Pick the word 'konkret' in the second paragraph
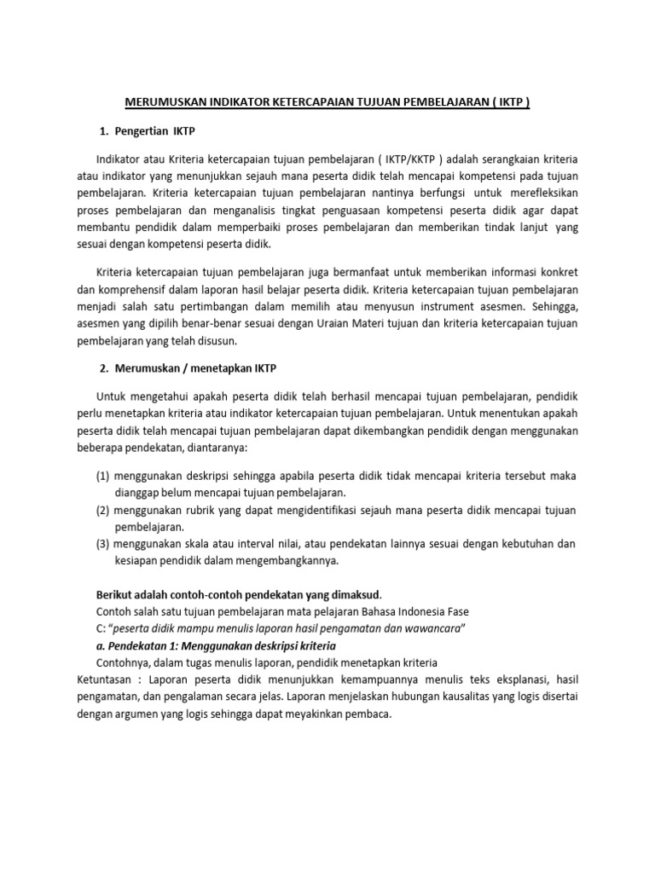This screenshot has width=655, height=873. pyautogui.click(x=559, y=272)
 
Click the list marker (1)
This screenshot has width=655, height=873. pyautogui.click(x=102, y=476)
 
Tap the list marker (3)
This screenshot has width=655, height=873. pyautogui.click(x=102, y=544)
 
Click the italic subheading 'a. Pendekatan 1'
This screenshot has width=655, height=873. pyautogui.click(x=137, y=646)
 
